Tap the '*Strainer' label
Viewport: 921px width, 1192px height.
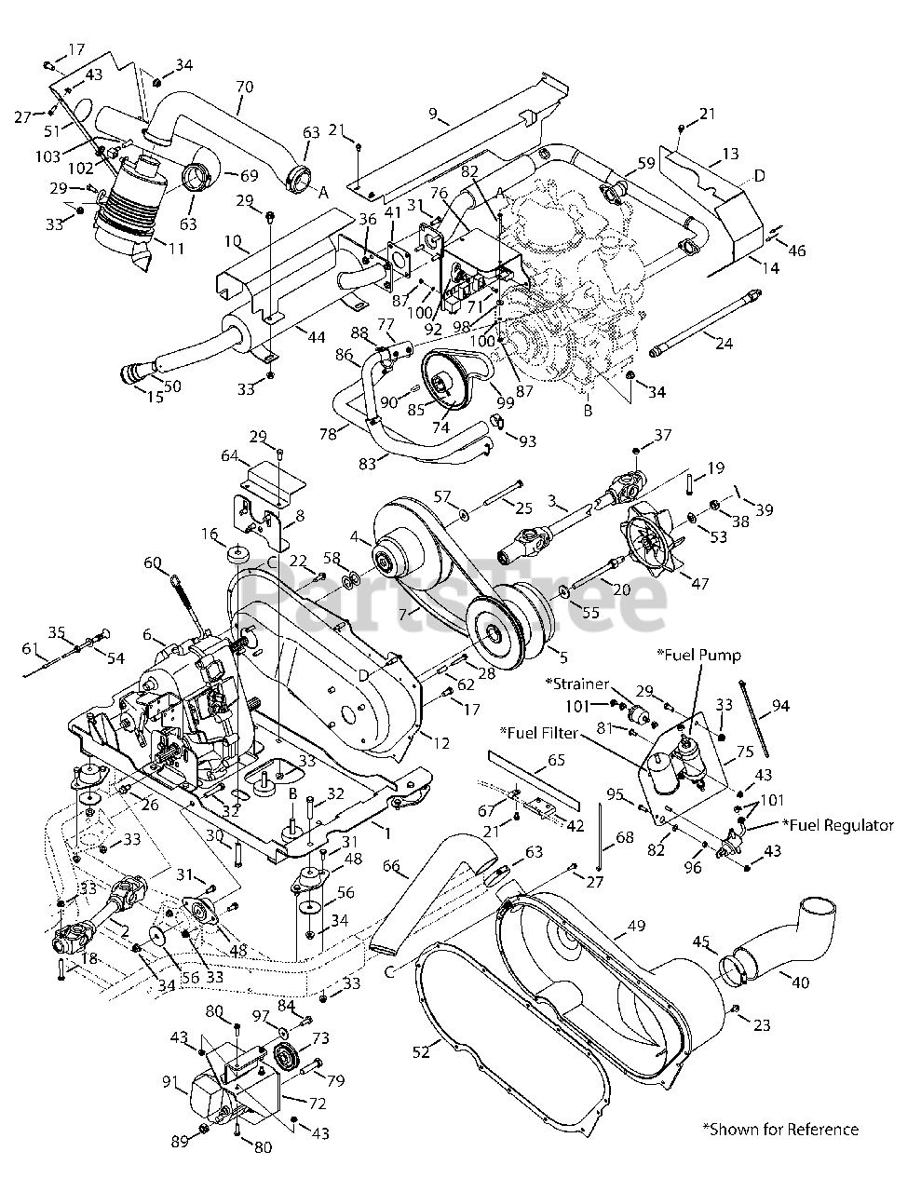tap(577, 684)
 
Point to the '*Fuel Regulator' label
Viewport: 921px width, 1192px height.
tap(837, 826)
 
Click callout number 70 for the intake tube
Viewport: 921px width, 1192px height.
tap(244, 87)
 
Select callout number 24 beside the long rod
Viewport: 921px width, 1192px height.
tap(725, 344)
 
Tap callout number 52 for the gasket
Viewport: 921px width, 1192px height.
tap(421, 1053)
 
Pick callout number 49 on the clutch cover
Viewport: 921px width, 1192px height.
tap(636, 926)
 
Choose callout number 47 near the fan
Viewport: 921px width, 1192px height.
tap(700, 583)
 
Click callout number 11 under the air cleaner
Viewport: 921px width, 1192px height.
tap(176, 249)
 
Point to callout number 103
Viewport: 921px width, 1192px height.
tap(47, 156)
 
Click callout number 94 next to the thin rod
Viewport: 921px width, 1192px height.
tap(780, 706)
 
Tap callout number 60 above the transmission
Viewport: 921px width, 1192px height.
tap(153, 562)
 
